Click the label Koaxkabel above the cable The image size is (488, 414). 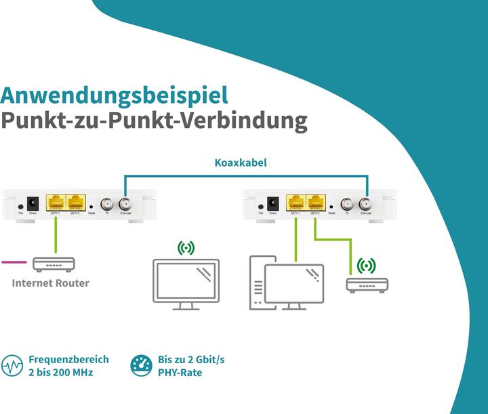[x=241, y=163]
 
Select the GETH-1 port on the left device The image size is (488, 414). [x=56, y=202]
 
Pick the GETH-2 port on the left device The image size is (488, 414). [x=75, y=202]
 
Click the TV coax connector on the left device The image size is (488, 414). [x=107, y=203]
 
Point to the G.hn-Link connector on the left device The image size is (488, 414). [x=125, y=203]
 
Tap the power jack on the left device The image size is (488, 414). [x=32, y=203]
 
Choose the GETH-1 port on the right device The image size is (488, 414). [x=296, y=202]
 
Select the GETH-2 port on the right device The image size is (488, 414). [x=315, y=202]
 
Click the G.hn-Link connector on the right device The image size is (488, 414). [x=365, y=203]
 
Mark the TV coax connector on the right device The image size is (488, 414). [x=347, y=203]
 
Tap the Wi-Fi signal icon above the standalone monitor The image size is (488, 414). [x=186, y=249]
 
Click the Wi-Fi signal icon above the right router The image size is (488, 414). [x=367, y=265]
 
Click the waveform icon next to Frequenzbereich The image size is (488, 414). [x=12, y=367]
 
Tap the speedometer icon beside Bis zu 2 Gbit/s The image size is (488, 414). [x=141, y=367]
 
